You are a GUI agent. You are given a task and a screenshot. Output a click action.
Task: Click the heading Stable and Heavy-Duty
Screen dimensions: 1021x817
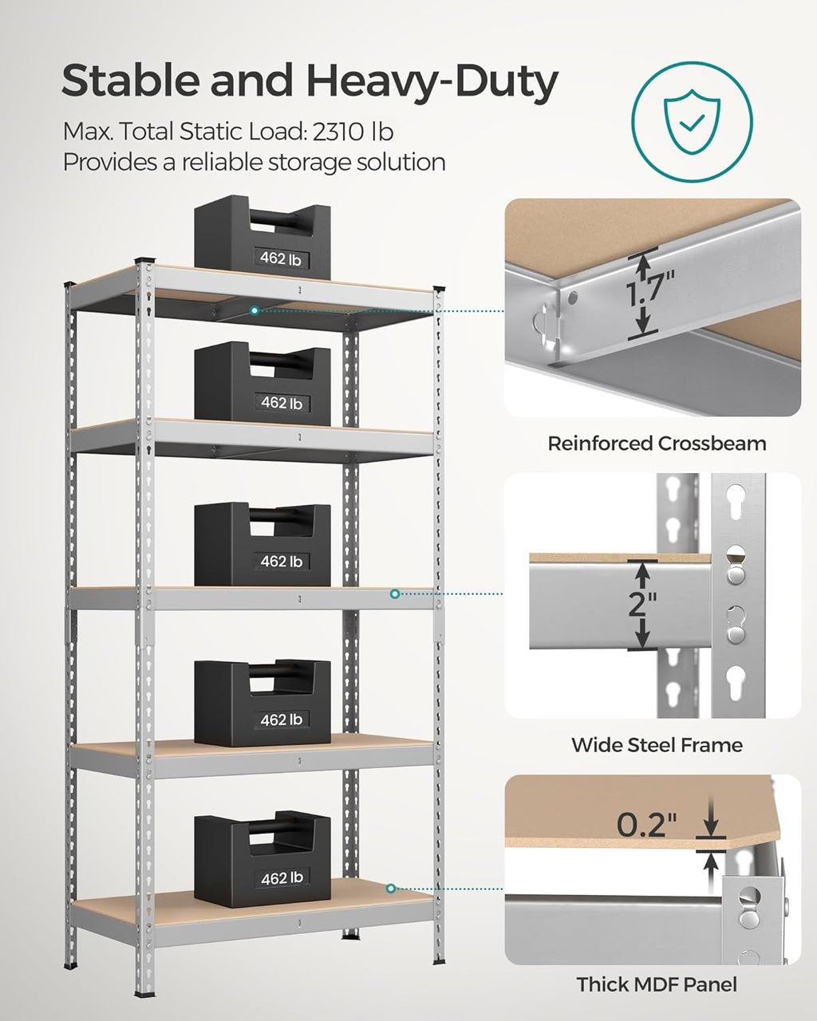310,81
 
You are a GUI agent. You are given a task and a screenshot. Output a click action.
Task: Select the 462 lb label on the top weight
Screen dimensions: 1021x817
281,258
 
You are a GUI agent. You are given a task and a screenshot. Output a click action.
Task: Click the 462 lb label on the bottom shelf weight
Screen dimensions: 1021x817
281,878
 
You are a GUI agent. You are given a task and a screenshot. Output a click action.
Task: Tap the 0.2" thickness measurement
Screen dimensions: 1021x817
652,824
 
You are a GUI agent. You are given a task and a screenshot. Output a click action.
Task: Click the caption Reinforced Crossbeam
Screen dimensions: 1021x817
656,443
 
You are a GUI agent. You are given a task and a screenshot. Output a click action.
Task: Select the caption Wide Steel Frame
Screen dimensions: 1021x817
656,745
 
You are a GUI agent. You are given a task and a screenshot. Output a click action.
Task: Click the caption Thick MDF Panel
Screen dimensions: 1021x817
656,984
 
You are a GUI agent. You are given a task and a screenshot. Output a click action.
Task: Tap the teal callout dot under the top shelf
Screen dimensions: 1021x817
254,309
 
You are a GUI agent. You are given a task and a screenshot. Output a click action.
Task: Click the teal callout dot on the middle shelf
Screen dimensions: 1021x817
394,593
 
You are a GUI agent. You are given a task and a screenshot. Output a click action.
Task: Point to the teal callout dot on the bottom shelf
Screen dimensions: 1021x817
390,888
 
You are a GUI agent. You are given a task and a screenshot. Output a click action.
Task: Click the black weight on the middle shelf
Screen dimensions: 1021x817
262,544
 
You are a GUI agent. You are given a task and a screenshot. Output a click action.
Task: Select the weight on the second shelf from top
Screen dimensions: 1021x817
262,383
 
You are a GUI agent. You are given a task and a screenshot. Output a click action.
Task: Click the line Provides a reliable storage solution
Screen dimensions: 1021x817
254,162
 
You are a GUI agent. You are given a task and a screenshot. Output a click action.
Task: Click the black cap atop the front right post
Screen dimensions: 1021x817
438,290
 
